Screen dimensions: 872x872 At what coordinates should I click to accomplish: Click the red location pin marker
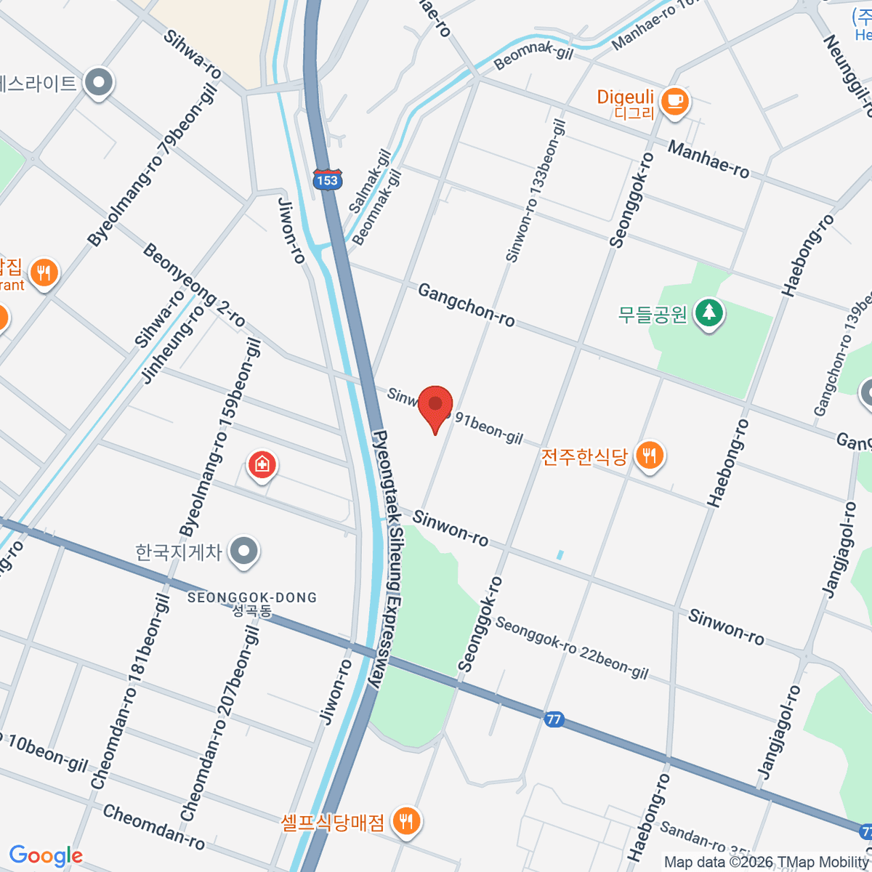click(435, 405)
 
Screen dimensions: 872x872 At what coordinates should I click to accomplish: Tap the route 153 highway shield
click(327, 179)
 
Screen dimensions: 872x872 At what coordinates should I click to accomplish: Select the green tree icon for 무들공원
click(709, 313)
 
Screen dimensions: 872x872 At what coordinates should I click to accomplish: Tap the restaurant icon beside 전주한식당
click(649, 456)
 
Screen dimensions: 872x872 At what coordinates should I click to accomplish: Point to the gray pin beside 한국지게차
click(244, 552)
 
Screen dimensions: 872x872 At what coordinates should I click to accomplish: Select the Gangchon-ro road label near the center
click(466, 305)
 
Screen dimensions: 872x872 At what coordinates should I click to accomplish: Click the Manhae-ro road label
click(708, 160)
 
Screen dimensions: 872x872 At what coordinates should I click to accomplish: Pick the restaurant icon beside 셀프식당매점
click(405, 821)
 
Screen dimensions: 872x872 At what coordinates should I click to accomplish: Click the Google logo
click(46, 855)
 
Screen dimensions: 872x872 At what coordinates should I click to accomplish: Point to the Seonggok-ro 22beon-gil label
click(571, 647)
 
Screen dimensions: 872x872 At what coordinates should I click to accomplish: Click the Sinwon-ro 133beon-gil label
click(536, 191)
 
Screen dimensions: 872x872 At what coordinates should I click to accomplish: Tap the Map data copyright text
click(767, 862)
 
